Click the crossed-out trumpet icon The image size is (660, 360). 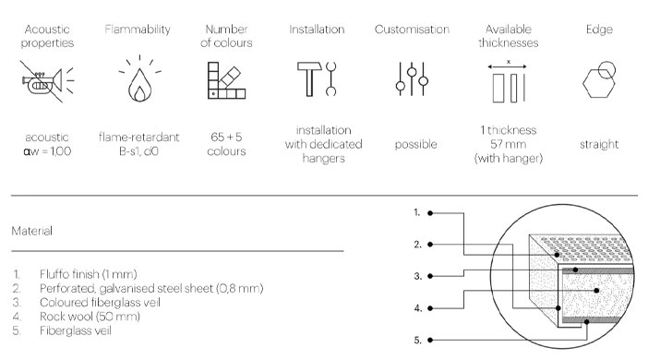(x=47, y=81)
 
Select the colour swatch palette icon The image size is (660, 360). (x=226, y=80)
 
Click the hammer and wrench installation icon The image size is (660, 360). (x=317, y=79)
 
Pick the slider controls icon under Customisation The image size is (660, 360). (x=412, y=78)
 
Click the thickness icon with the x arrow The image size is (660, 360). (x=509, y=81)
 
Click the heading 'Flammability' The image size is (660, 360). (x=138, y=29)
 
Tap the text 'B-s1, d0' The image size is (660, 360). (x=138, y=151)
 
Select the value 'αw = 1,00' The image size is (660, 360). (x=47, y=151)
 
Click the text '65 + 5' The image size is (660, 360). (x=226, y=137)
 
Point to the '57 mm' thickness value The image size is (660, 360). (x=509, y=144)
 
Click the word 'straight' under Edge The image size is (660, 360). (x=599, y=144)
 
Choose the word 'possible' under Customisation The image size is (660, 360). (x=416, y=144)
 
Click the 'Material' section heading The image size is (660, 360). (x=32, y=231)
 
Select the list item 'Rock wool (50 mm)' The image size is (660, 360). (x=90, y=317)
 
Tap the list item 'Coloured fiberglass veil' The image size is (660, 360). (x=101, y=303)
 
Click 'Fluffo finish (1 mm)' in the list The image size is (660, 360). (x=89, y=274)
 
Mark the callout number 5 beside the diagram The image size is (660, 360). (x=417, y=340)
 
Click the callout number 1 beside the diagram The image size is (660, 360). (x=416, y=212)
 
